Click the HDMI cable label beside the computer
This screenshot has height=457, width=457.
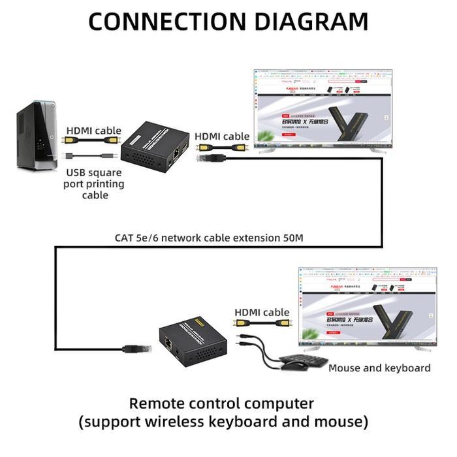[94, 131]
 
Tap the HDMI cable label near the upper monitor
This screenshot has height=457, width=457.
[223, 136]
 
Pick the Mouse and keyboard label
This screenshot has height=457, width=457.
[379, 368]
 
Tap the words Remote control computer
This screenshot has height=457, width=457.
[221, 403]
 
